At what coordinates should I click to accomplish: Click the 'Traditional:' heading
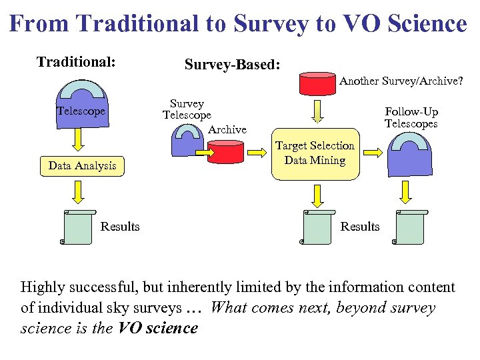[x=76, y=62]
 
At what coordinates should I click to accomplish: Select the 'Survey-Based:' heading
[x=232, y=65]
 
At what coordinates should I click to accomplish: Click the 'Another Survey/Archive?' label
[x=401, y=81]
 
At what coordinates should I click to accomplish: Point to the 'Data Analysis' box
[x=82, y=165]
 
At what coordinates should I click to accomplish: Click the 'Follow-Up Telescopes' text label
[x=411, y=118]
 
